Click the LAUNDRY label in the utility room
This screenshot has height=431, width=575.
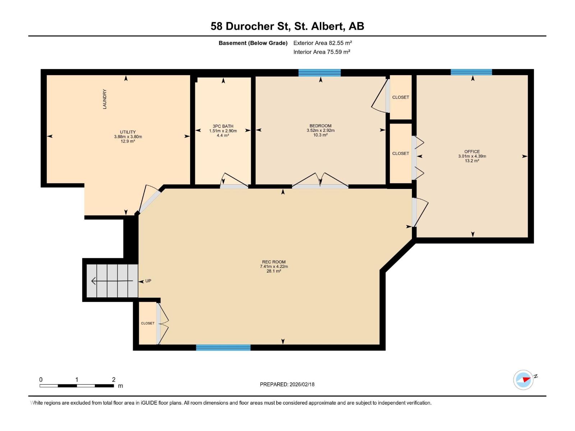[x=105, y=99]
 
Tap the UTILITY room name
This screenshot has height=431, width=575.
[x=128, y=132]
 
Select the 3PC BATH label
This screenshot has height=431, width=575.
[x=223, y=126]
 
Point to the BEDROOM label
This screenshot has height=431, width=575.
[x=320, y=126]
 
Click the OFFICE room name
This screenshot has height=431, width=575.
[x=472, y=152]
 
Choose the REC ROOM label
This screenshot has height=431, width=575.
[x=274, y=262]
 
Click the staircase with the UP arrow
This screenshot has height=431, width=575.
[x=112, y=281]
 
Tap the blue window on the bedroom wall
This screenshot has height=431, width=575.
[x=319, y=73]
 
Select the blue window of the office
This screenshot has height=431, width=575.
[x=471, y=72]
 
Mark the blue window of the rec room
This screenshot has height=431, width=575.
[x=223, y=348]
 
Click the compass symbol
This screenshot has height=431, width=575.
[x=523, y=380]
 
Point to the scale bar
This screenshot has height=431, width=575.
[x=77, y=386]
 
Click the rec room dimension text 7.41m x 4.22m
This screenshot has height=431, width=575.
[x=274, y=267]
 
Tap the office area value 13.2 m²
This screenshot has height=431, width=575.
[x=472, y=161]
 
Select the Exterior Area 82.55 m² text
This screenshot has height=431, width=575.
[x=322, y=43]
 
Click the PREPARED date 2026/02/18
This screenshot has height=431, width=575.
[x=302, y=384]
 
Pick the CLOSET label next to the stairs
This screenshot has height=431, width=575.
[x=148, y=323]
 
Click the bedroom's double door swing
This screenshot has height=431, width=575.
[x=320, y=180]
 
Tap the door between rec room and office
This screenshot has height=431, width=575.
[x=420, y=212]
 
